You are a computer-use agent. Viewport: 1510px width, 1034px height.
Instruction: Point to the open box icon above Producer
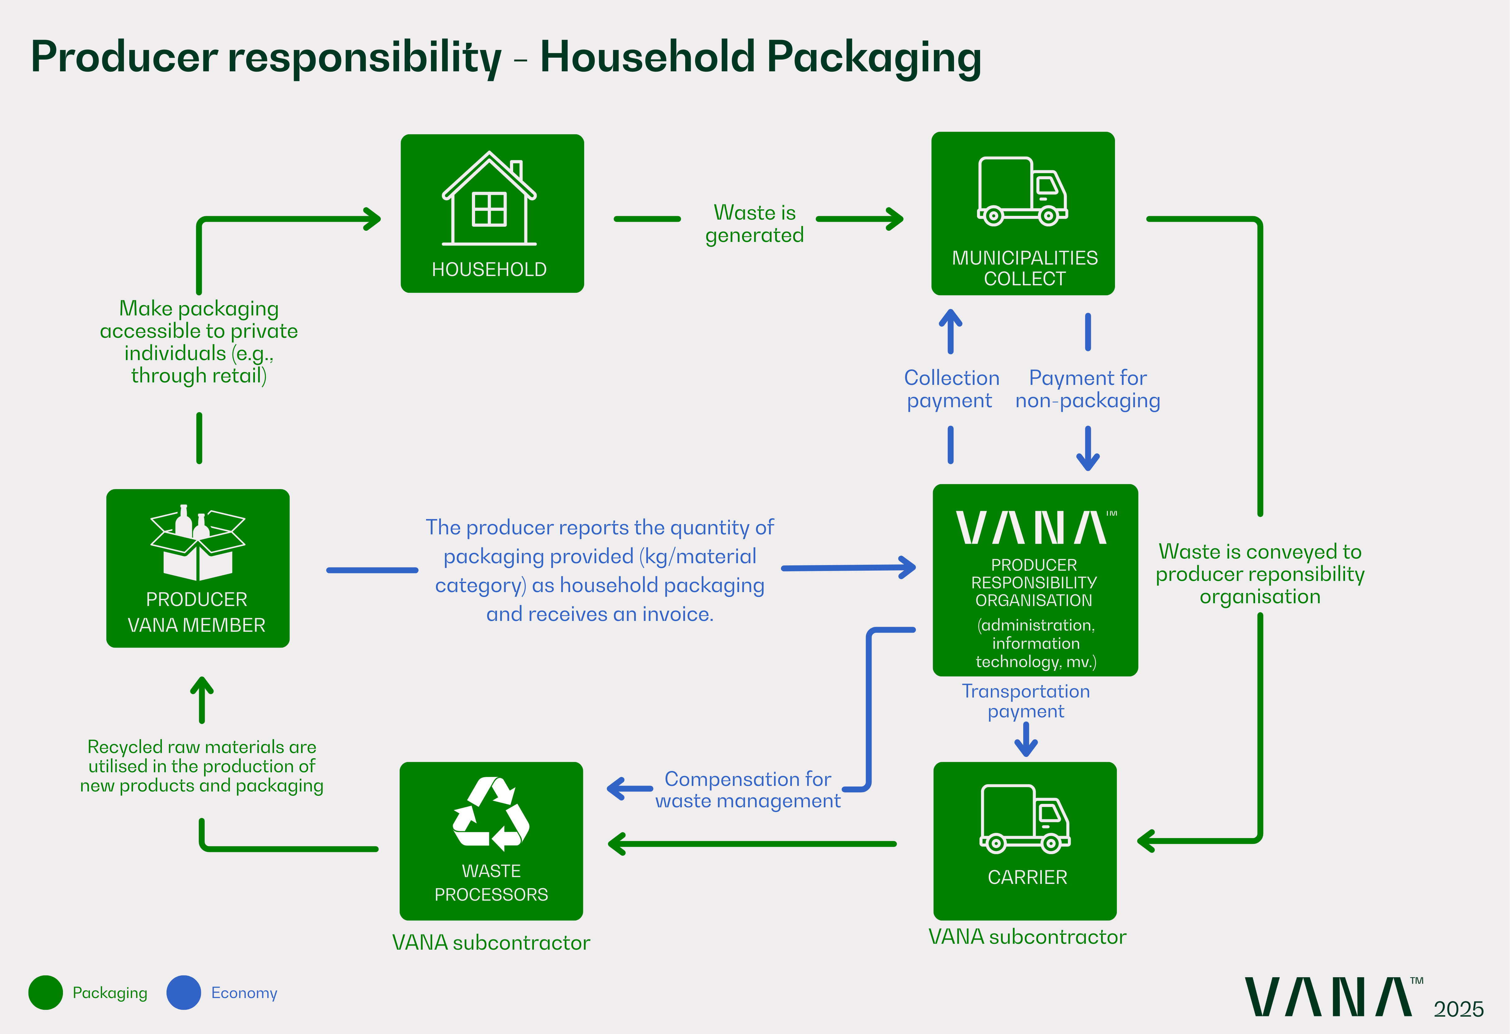click(198, 543)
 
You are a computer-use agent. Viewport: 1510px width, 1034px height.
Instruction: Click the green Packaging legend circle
click(46, 992)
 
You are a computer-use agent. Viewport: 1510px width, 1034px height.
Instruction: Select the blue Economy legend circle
click(184, 992)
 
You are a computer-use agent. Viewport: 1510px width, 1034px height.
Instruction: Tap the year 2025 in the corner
click(1459, 1009)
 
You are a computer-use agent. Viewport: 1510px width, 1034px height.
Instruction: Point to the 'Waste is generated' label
click(754, 224)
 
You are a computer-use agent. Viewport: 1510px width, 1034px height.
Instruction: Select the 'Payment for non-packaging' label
click(1088, 389)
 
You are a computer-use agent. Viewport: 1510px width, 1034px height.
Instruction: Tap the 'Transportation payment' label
click(1025, 701)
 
